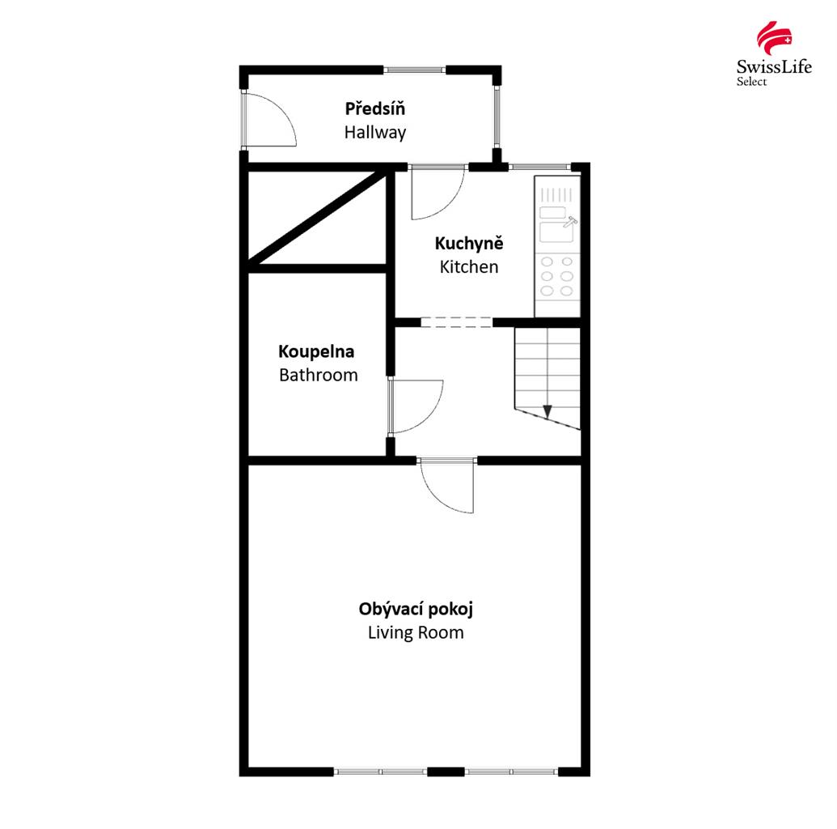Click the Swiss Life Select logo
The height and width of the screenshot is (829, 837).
tap(773, 53)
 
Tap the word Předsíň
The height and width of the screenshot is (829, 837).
tap(374, 108)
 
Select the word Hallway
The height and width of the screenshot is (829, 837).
tap(374, 132)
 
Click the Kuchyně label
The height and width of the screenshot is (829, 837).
tap(469, 243)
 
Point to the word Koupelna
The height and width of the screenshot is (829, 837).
tap(316, 351)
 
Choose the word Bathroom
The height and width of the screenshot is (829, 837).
tap(318, 375)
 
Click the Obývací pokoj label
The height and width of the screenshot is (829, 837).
tap(416, 609)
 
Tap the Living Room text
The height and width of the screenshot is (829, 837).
tap(416, 632)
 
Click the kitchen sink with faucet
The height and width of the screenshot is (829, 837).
tap(557, 229)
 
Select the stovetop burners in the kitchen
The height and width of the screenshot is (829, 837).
tap(556, 276)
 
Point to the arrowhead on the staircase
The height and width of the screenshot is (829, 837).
tap(547, 411)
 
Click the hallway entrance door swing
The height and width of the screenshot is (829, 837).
tap(270, 120)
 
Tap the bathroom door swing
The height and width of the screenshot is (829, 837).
tap(416, 406)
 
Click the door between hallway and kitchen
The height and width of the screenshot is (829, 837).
tap(438, 193)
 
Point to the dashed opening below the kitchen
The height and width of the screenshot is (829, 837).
tap(456, 322)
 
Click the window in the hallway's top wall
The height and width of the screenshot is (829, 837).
tap(414, 70)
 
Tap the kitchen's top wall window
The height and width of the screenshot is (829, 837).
tap(539, 167)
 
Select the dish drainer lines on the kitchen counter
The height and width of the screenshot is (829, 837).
tap(556, 194)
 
